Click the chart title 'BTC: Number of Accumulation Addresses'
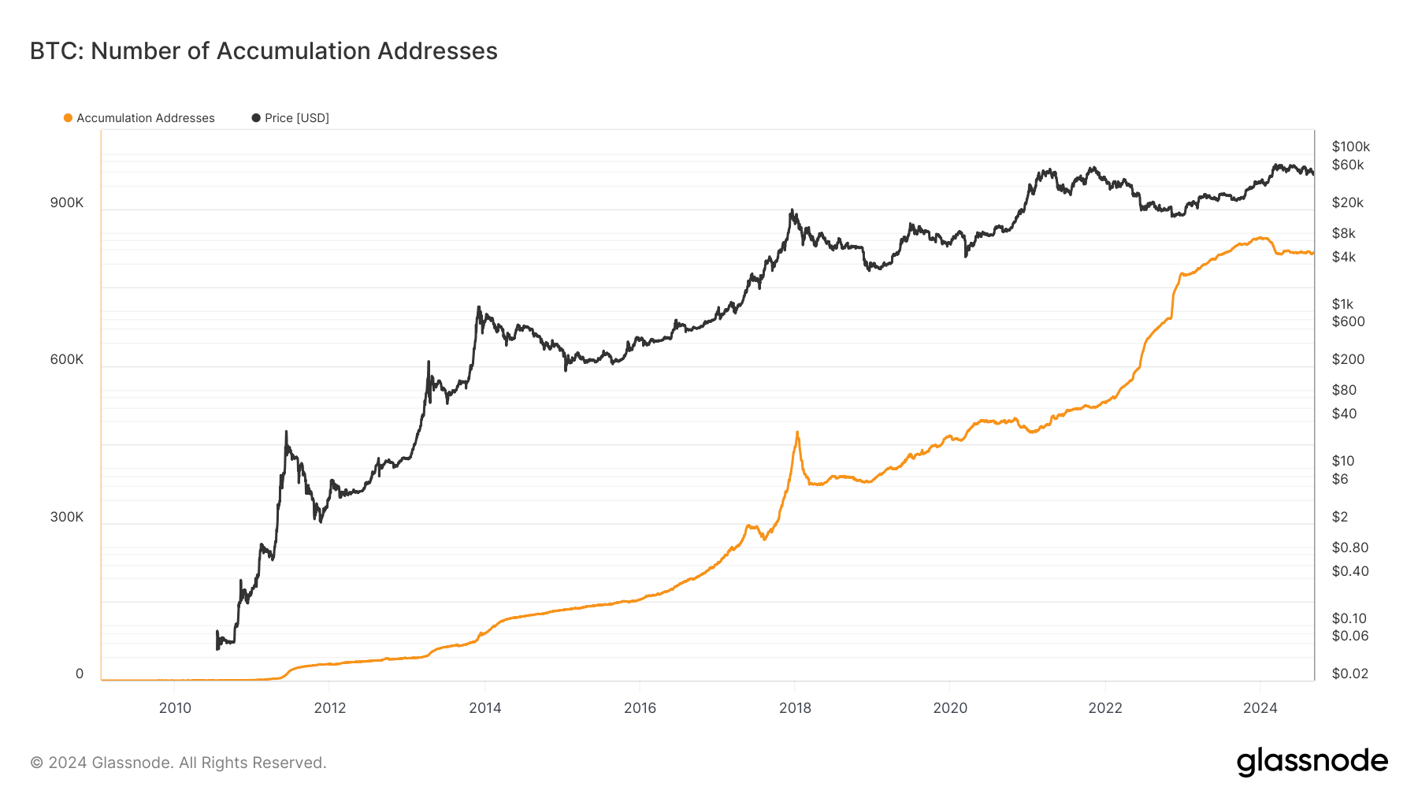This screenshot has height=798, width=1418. click(263, 51)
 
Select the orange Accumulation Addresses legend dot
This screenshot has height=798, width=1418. click(68, 118)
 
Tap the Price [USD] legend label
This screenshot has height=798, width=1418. click(296, 118)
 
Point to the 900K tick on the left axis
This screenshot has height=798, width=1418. click(66, 202)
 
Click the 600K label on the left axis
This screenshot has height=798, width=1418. click(66, 359)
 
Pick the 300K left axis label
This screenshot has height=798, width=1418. click(66, 517)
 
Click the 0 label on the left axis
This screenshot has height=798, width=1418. click(79, 674)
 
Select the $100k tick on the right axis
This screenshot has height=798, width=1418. click(1350, 147)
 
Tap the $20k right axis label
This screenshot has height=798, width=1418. click(1347, 202)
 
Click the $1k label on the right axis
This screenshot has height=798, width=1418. click(1342, 304)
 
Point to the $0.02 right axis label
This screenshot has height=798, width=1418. click(1349, 674)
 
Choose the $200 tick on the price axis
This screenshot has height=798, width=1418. click(1347, 359)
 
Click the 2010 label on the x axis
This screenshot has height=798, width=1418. click(175, 707)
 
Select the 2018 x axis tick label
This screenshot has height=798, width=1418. click(795, 707)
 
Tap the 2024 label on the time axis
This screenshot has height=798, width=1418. click(1260, 707)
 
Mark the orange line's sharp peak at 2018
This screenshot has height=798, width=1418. click(797, 432)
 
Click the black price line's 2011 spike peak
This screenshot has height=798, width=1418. click(286, 432)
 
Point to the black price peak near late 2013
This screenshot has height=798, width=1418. click(478, 307)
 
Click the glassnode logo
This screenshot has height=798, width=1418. click(1312, 762)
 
